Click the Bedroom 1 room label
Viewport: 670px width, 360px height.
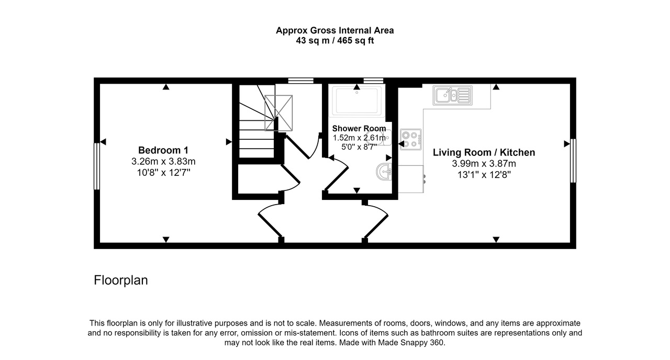coord(163,150)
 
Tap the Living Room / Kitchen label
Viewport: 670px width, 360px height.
coord(484,152)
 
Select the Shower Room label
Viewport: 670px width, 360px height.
coord(359,128)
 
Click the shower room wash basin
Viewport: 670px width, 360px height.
coord(385,171)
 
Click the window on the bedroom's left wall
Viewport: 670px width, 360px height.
coord(97,166)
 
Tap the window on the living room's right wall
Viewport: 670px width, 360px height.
coord(573,161)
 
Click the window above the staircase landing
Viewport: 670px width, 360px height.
coord(300,81)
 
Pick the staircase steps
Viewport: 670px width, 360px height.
coord(256,126)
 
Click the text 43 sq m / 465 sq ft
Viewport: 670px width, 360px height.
coord(335,40)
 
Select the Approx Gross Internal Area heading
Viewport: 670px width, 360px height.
coord(335,30)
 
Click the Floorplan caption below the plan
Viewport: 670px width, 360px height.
coord(121,280)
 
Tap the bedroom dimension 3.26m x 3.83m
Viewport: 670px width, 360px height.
coord(163,162)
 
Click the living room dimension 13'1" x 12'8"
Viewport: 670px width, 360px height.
coord(484,175)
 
